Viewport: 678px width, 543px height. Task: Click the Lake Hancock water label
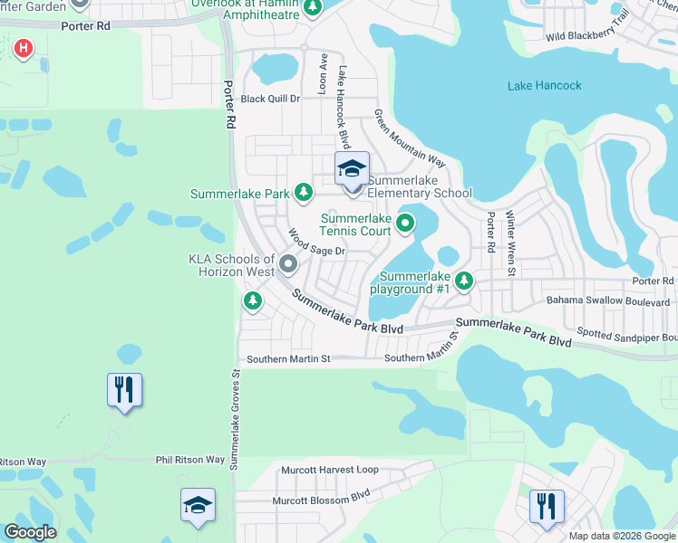(x=544, y=86)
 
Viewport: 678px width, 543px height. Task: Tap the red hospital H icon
(x=24, y=47)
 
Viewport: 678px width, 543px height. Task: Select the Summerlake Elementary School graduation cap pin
(x=352, y=169)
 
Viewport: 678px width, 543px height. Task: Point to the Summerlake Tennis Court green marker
(x=406, y=222)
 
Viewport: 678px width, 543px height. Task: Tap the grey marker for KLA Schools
(x=288, y=264)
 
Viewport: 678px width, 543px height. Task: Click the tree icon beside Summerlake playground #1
(x=464, y=281)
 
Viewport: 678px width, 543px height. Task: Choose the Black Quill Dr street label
(x=269, y=99)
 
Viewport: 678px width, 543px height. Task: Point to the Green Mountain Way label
(x=410, y=139)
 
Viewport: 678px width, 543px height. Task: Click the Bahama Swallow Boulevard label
(x=607, y=301)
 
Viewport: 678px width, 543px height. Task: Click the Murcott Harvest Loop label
(x=330, y=471)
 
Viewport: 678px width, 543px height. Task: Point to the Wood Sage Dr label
(x=317, y=243)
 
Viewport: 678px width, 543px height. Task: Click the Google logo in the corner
(x=30, y=532)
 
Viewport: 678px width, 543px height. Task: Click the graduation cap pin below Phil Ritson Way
(x=198, y=505)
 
